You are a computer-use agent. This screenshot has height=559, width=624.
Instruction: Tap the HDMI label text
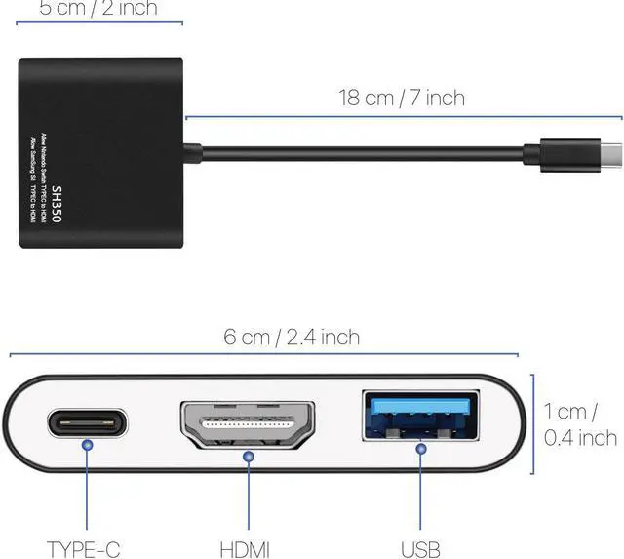pos(246,548)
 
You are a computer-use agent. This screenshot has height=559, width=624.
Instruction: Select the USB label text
pos(420,548)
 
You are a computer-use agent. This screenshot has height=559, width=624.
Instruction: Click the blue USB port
pos(421,415)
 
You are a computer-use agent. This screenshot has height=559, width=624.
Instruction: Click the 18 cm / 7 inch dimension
pos(401,98)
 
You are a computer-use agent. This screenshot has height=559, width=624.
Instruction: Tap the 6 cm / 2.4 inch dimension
pos(292,338)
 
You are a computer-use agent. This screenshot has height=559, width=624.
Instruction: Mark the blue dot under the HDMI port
pos(250,456)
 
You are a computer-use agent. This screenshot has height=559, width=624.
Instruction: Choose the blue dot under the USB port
pos(421,450)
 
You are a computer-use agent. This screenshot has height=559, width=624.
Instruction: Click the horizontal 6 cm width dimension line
pos(263,356)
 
